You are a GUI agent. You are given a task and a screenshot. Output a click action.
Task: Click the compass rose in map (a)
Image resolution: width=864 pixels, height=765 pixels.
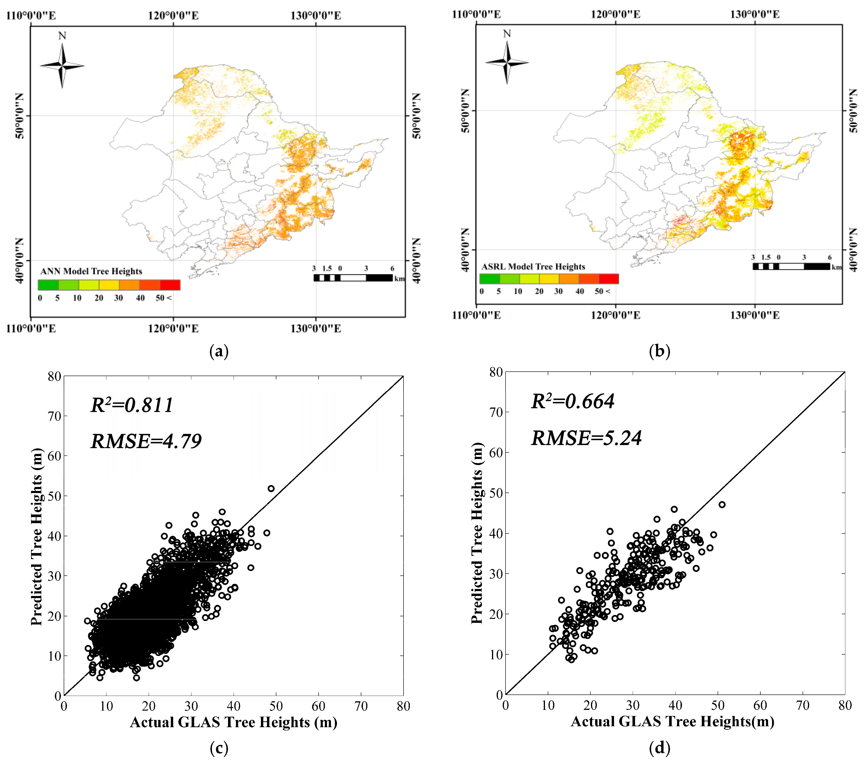pos(62,66)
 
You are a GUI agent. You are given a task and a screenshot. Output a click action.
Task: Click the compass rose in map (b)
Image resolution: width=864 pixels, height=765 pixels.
pos(507,62)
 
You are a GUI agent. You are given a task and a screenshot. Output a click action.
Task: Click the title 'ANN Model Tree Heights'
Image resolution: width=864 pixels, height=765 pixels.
pos(91,271)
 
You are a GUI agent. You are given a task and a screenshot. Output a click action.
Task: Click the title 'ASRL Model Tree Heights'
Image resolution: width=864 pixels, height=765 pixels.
pos(533,266)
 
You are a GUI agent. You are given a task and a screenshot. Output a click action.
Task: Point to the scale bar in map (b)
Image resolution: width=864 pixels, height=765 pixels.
pos(791,266)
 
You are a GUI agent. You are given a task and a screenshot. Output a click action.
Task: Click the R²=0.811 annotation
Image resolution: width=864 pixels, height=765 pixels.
pos(132,405)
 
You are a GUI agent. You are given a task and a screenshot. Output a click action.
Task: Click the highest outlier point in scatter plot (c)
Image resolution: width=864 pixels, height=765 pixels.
pos(271,488)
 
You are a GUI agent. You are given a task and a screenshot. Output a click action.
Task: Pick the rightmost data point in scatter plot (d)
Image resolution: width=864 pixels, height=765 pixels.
pos(722,504)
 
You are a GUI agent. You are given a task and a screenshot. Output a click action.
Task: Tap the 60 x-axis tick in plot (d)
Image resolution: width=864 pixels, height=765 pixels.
pos(760,705)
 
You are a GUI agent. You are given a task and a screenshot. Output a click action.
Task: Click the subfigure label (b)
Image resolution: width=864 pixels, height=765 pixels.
pos(659,351)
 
